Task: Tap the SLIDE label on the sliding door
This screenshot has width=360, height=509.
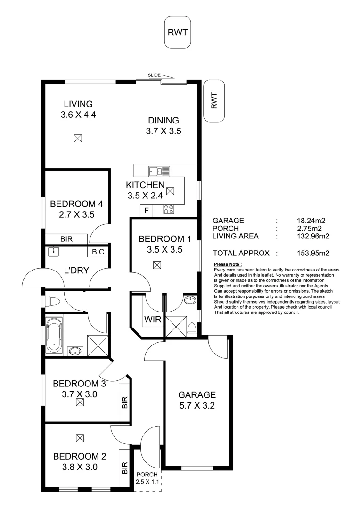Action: tap(154, 75)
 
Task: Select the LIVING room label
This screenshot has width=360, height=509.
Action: tap(78, 104)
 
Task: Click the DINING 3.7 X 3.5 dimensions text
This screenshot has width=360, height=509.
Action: tap(164, 131)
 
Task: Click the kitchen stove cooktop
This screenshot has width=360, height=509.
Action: tap(169, 210)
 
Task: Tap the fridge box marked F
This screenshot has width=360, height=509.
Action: tap(147, 211)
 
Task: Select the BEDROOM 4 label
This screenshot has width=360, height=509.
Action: tap(76, 204)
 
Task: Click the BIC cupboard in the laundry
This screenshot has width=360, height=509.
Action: tap(98, 252)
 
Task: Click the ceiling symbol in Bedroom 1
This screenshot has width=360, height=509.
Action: tap(157, 265)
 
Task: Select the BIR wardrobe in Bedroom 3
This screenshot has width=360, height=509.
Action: tap(125, 402)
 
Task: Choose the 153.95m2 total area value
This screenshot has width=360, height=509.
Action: tap(313, 253)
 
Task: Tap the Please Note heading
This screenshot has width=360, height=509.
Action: tap(228, 264)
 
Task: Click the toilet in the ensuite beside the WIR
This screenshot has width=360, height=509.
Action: tap(191, 328)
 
